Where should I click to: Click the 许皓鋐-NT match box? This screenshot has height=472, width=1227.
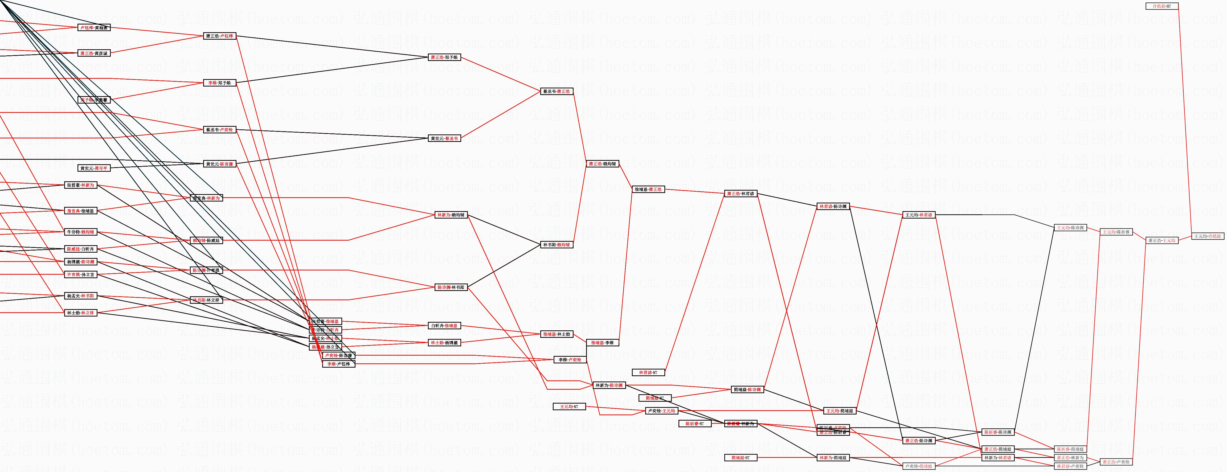point(1161,6)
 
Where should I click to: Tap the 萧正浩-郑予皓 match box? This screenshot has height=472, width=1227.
point(444,58)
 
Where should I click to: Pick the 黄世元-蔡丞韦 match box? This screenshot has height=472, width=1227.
point(444,139)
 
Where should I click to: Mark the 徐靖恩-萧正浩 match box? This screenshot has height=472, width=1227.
point(648,190)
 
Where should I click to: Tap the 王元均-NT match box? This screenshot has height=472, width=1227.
point(569,407)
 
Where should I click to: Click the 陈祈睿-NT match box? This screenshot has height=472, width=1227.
point(694,424)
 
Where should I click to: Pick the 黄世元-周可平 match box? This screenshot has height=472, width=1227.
point(94,168)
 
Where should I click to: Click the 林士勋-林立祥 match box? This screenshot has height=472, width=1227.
point(80,313)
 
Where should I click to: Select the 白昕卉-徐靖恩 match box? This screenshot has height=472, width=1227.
point(444,326)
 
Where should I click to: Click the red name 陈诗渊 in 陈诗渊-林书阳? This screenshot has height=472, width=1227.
point(443,287)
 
